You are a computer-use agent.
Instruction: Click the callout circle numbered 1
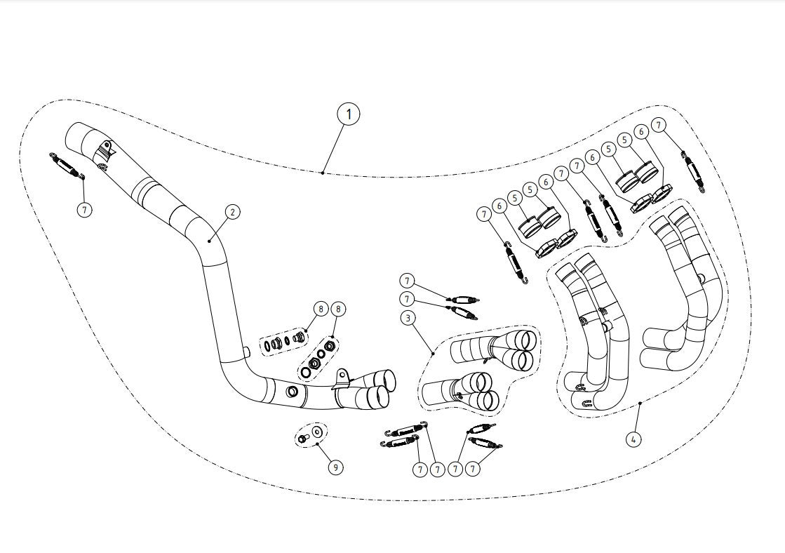348,114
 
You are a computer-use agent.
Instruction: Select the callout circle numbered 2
232,211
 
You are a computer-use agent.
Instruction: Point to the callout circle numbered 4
634,439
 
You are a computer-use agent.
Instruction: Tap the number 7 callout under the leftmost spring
84,209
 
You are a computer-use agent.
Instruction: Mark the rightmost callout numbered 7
658,125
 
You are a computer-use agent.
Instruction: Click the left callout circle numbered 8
320,308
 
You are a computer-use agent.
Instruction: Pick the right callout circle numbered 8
338,308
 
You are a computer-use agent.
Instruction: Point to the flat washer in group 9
316,432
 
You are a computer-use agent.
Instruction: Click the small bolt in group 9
302,439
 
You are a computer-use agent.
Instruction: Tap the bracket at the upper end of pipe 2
105,149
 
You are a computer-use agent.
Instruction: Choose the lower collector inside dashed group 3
463,391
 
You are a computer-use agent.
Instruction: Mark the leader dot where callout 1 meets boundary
322,172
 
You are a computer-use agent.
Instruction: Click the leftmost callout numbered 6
499,206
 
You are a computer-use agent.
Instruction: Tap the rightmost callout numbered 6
640,131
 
